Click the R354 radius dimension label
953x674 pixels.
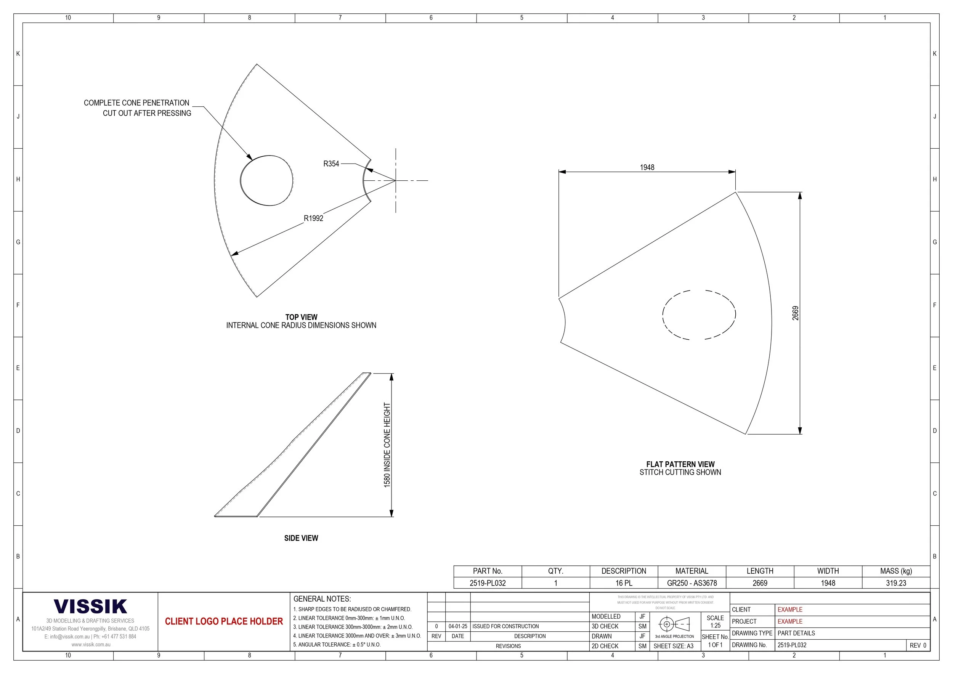(331, 164)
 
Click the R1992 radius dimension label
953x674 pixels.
(313, 218)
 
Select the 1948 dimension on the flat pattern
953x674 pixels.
(647, 167)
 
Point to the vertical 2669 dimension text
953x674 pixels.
(795, 313)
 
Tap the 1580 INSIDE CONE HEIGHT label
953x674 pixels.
(387, 445)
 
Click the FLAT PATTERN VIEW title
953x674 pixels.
(680, 464)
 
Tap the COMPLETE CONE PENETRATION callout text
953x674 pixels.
(136, 103)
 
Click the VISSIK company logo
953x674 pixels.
(90, 607)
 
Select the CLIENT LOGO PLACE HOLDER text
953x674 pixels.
(224, 621)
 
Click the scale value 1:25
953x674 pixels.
(715, 626)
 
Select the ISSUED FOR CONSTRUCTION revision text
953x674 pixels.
(505, 626)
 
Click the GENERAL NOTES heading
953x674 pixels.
(322, 599)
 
